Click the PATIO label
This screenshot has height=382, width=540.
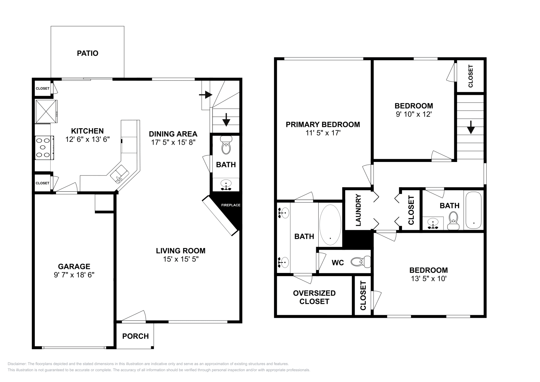[x=87, y=53]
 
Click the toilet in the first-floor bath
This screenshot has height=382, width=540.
[x=226, y=145]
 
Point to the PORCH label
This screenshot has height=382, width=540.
[x=135, y=336]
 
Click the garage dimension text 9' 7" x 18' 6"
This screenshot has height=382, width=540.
[x=74, y=275]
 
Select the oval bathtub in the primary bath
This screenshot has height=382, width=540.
[x=330, y=225]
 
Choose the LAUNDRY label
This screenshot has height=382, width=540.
[x=358, y=210]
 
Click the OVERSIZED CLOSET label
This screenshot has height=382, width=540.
[x=314, y=297]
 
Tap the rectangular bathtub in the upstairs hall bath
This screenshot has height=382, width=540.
[x=474, y=210]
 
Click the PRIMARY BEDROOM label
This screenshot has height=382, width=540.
[x=323, y=125]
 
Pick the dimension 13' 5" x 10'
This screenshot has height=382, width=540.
[x=428, y=279]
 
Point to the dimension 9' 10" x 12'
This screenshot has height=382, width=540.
[x=414, y=114]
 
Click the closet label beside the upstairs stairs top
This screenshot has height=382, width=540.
[x=470, y=76]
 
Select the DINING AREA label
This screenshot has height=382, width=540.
[x=173, y=134]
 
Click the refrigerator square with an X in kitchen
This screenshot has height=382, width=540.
[x=46, y=112]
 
